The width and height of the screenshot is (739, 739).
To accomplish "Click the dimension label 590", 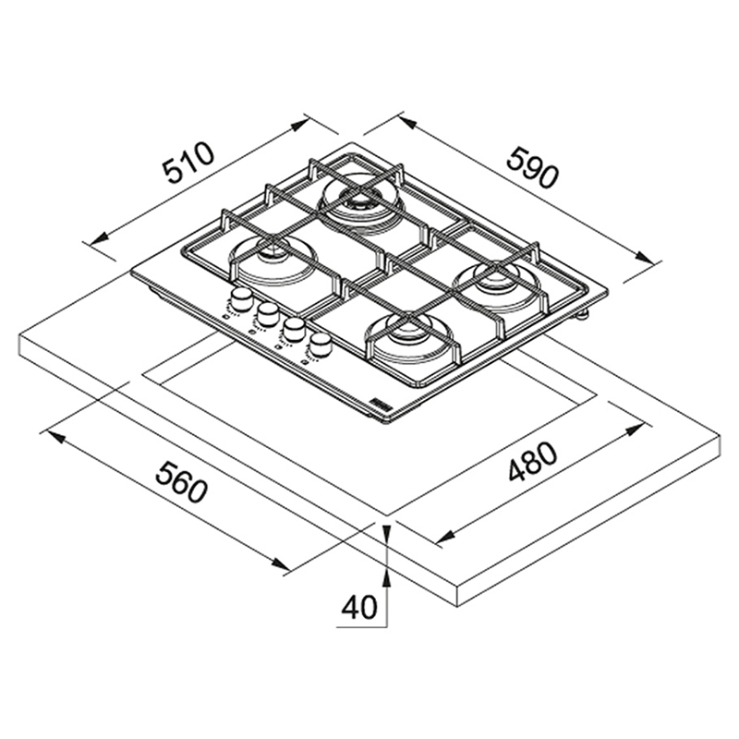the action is [x=532, y=168].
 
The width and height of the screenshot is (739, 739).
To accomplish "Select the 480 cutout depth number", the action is [x=533, y=461].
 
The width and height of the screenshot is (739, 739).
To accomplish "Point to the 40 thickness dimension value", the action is [x=359, y=607].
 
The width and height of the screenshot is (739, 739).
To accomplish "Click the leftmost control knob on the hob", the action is [x=241, y=298].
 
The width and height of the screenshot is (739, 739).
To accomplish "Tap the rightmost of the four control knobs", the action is [x=321, y=344].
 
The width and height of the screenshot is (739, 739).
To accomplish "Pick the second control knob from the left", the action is [x=268, y=313].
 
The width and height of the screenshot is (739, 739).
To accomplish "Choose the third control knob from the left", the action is [x=294, y=329].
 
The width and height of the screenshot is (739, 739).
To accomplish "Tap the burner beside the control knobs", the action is [x=273, y=260].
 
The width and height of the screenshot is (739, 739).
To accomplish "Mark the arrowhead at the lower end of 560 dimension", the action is [x=280, y=563].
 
